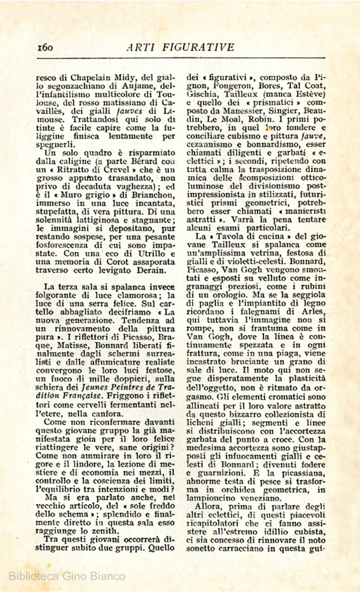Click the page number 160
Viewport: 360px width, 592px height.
click(45, 47)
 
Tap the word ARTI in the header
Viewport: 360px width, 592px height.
click(141, 47)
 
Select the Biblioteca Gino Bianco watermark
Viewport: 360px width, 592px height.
click(67, 576)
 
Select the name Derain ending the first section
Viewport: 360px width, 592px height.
click(152, 270)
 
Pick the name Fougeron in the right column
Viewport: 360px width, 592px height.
click(234, 86)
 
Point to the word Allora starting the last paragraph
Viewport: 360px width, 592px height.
click(207, 507)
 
